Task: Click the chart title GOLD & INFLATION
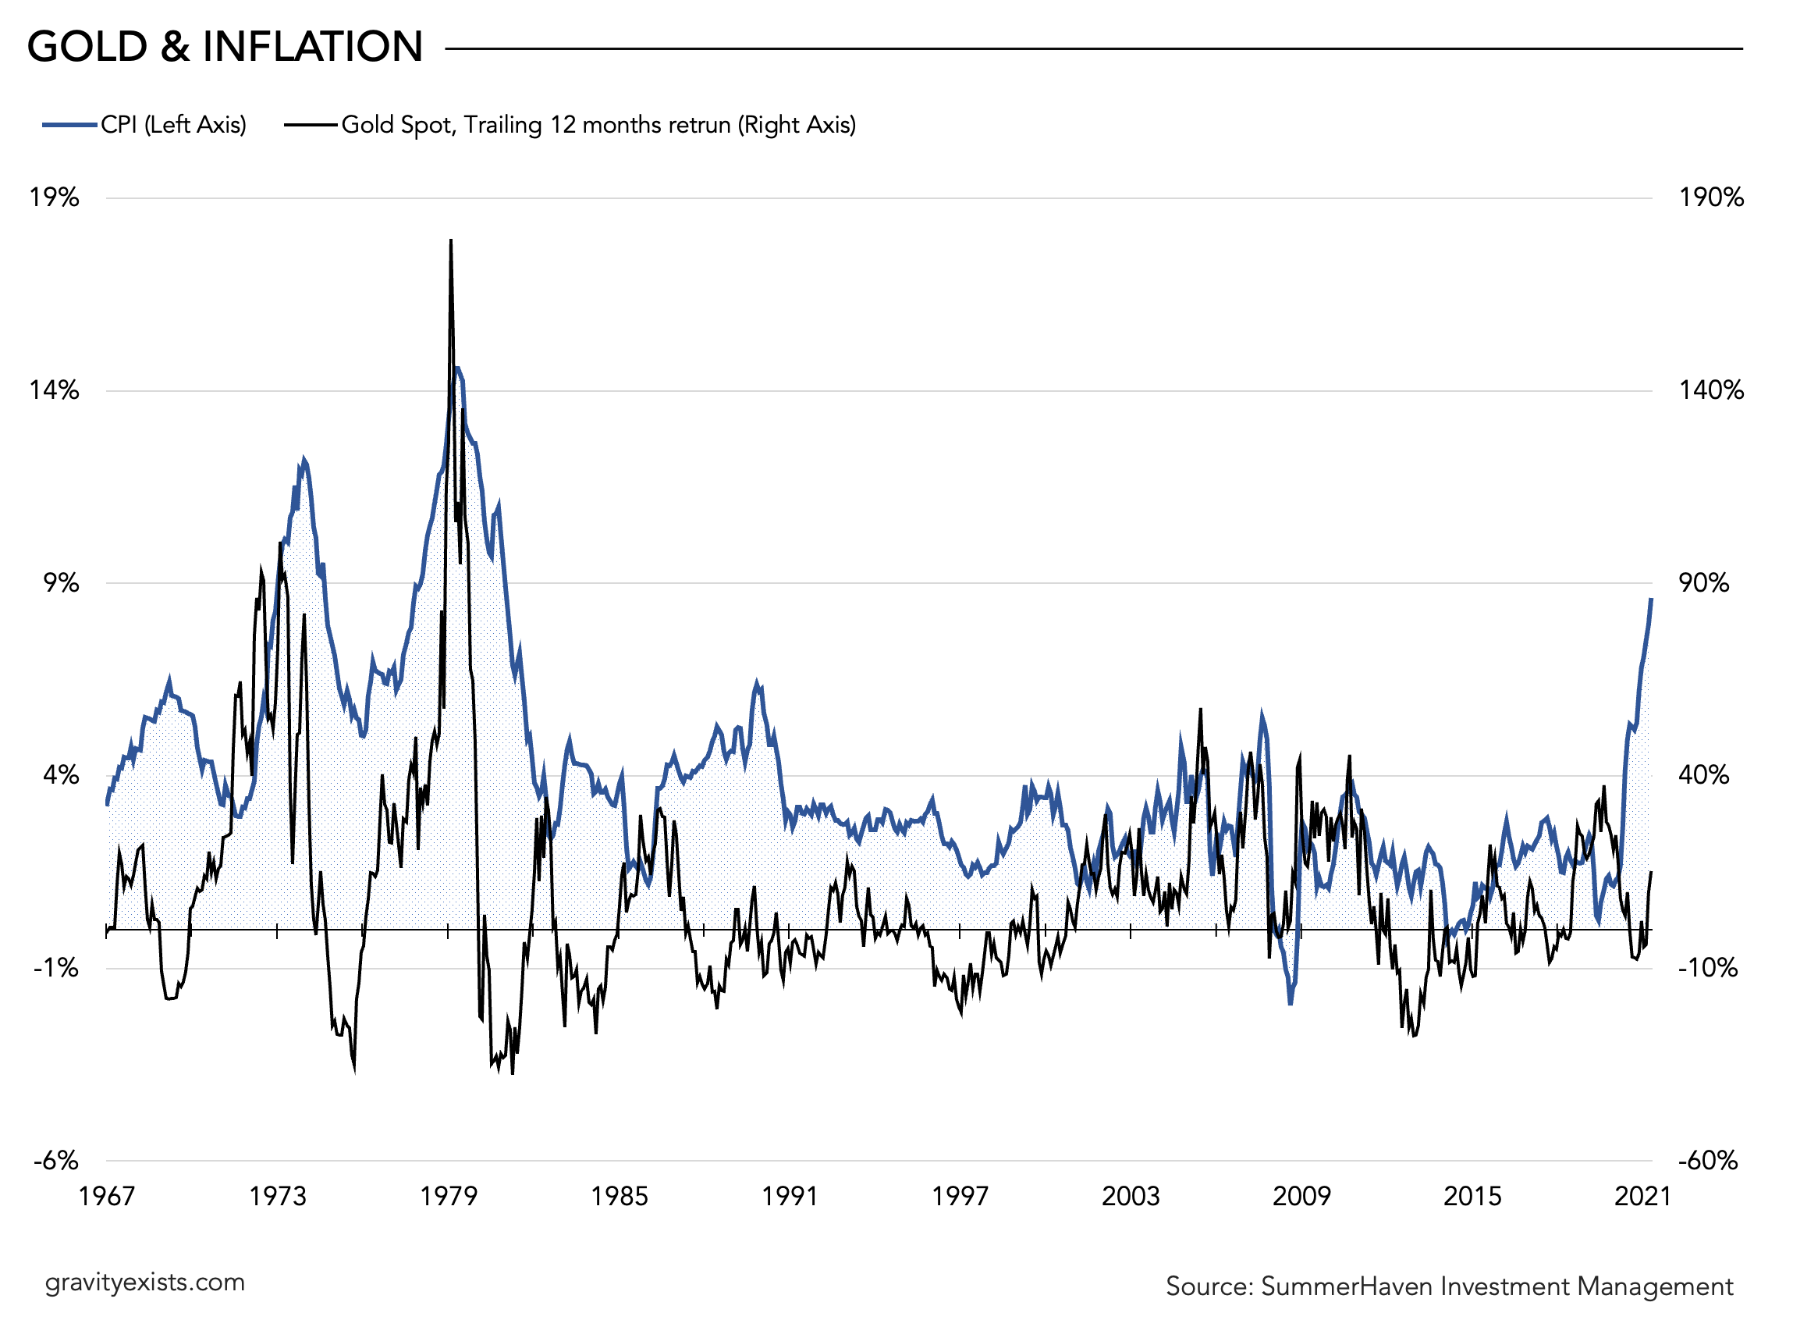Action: [x=225, y=46]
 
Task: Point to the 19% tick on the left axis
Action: [x=55, y=197]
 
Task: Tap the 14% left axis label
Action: [x=55, y=391]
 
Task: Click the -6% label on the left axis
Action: [x=56, y=1160]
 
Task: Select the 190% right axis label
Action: [x=1711, y=197]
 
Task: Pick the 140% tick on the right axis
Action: [x=1711, y=391]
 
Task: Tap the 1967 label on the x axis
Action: [x=107, y=1196]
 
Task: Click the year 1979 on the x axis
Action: [x=448, y=1196]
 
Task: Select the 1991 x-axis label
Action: [x=789, y=1196]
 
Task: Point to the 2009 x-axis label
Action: [x=1301, y=1196]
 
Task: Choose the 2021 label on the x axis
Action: [x=1642, y=1196]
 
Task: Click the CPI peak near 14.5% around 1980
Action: [x=457, y=369]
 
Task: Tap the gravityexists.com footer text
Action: [x=144, y=1283]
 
